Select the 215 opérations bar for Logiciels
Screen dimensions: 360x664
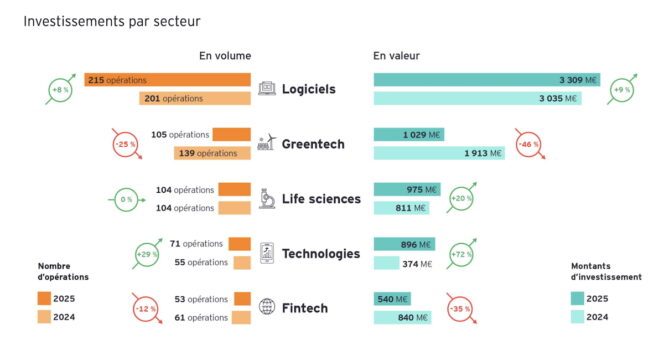(167, 80)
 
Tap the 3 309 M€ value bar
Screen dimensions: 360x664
(487, 80)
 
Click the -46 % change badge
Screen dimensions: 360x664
(527, 144)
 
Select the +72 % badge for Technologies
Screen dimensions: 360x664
(461, 253)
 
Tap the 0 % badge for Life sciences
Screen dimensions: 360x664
(126, 199)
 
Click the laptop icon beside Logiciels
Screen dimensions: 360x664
(267, 89)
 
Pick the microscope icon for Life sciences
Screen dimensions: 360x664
(267, 198)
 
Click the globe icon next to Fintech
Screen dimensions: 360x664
(267, 307)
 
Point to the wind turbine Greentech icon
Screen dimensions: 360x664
(267, 143)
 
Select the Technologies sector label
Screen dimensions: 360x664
(321, 254)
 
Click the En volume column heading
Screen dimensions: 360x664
(225, 56)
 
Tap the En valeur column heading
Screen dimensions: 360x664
(397, 56)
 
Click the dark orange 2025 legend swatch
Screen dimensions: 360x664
(44, 298)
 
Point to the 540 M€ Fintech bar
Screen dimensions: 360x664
(392, 299)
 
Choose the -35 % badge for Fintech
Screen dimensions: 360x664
(461, 308)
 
